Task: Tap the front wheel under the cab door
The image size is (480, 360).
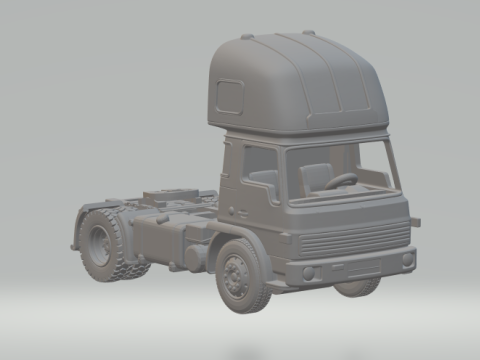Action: (x=241, y=273)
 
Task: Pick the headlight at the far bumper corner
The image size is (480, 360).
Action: (x=407, y=259)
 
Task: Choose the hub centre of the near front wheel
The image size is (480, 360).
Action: (x=236, y=273)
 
